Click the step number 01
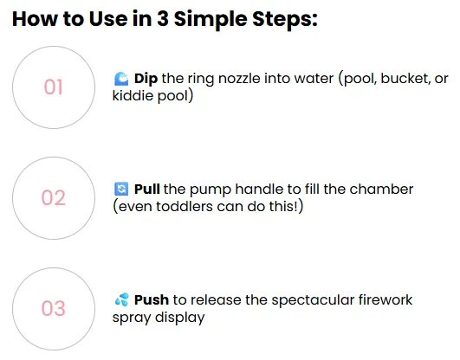tap(53, 87)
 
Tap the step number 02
tap(53, 197)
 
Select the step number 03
tap(53, 308)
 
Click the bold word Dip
tap(146, 79)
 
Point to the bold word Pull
tap(146, 190)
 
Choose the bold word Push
tap(152, 300)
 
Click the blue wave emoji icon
tap(121, 79)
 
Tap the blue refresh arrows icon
tap(121, 189)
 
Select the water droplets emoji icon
tap(122, 299)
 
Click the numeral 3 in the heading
tap(163, 19)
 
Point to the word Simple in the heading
tap(211, 20)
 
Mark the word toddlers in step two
tap(185, 206)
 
